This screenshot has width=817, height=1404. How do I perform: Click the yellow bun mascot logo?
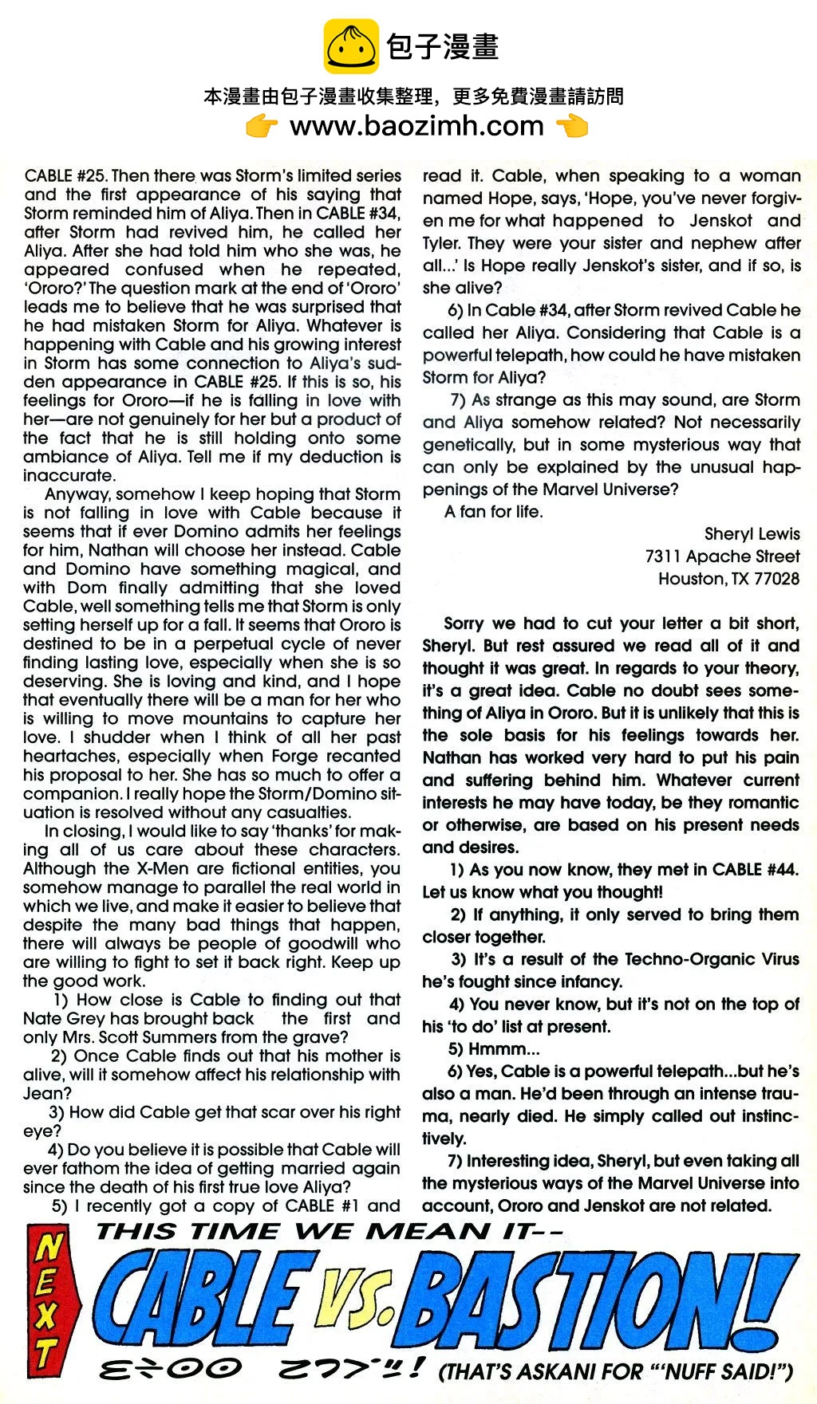point(351,47)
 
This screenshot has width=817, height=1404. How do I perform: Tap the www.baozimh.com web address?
point(416,126)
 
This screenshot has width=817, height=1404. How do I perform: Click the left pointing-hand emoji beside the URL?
point(262,126)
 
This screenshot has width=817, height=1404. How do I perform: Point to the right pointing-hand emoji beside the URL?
point(571,126)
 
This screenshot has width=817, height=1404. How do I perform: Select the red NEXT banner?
point(49,1300)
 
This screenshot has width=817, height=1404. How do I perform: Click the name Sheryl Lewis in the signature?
point(752,534)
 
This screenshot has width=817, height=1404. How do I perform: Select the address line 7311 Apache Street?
point(722,556)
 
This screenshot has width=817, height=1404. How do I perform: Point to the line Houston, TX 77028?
point(728,579)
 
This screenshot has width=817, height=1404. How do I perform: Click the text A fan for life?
point(494,512)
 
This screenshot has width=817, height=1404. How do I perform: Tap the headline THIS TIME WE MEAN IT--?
point(329,1232)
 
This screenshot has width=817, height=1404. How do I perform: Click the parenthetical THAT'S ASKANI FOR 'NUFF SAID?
point(615,1371)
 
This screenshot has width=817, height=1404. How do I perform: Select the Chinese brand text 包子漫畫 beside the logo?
point(443,46)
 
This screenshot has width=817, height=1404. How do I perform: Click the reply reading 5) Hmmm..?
point(494,1049)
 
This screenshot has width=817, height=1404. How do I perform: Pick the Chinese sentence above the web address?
point(413,97)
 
